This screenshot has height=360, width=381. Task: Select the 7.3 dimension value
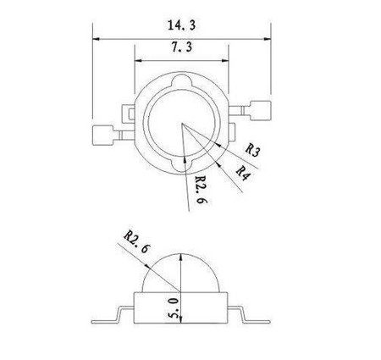[180, 52]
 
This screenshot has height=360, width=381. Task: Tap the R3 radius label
[252, 150]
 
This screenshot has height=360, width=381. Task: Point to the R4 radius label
[243, 172]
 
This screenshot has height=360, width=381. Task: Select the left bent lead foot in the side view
[106, 323]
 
